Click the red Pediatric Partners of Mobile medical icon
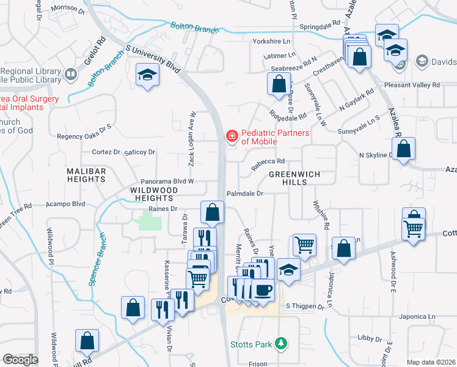click(x=232, y=136)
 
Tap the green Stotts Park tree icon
click(x=281, y=344)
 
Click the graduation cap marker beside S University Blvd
click(x=146, y=75)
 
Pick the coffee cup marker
click(x=263, y=290)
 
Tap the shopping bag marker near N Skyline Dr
click(x=404, y=149)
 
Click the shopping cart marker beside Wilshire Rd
click(x=304, y=245)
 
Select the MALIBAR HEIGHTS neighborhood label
click(x=86, y=175)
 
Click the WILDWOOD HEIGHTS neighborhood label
click(x=154, y=195)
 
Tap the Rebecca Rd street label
click(x=268, y=161)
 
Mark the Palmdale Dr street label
click(x=244, y=193)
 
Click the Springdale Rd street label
click(x=320, y=27)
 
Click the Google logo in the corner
click(x=20, y=359)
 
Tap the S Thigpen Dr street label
click(x=305, y=306)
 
